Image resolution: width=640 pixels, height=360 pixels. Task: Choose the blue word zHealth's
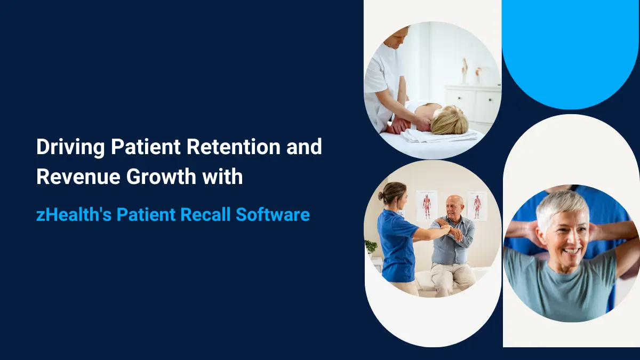pos(73,215)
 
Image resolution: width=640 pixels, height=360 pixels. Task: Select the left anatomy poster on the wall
pos(426,205)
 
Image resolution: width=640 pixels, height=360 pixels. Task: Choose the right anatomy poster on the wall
pos(477,205)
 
